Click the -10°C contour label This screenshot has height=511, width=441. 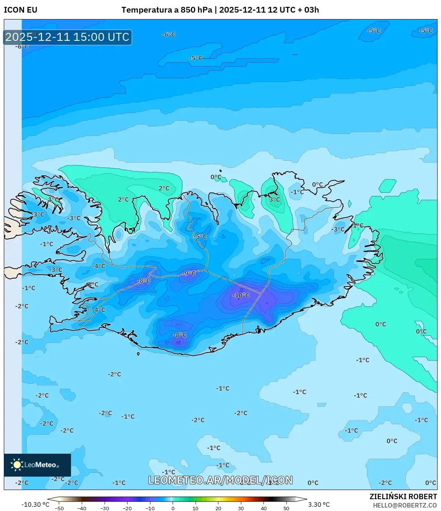241,295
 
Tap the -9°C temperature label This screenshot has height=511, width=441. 189,273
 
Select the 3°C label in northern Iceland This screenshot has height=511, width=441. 275,199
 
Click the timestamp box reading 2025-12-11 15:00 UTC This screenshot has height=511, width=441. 67,37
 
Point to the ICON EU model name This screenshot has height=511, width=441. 21,10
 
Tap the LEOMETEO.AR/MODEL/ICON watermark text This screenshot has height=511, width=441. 220,480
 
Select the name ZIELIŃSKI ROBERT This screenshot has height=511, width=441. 403,496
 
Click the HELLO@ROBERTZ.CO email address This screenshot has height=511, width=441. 405,505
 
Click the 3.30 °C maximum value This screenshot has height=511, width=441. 319,505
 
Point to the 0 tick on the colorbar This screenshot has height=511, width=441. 173,508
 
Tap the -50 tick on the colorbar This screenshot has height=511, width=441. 59,508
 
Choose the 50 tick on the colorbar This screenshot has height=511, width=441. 286,508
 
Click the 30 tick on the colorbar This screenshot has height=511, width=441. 241,508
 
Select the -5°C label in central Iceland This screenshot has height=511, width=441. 200,237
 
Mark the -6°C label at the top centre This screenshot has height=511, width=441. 168,35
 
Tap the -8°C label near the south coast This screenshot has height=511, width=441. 180,335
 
